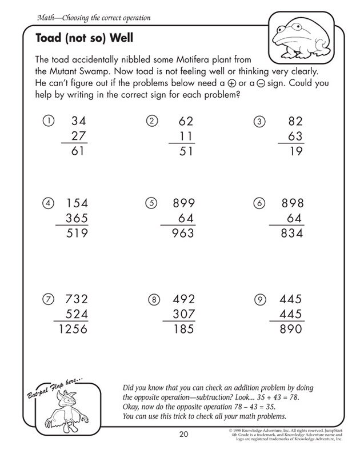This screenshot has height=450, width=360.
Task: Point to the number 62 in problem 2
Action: [186, 122]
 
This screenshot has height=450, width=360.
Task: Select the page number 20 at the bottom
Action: [183, 433]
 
